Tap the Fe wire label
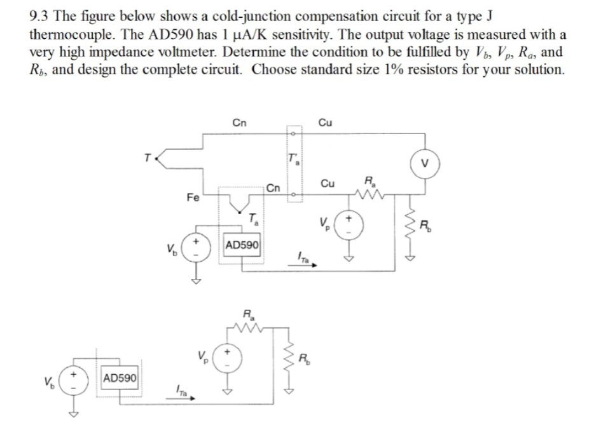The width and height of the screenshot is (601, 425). click(191, 198)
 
